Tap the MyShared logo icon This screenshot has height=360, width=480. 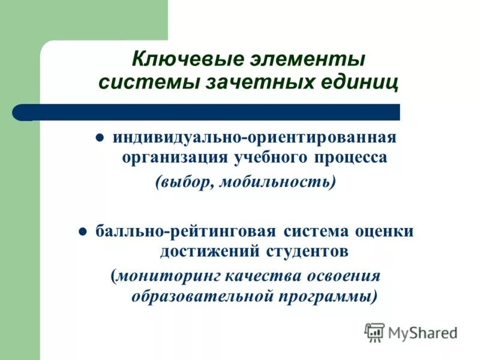(374, 331)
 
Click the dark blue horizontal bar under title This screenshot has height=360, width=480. (216, 112)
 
